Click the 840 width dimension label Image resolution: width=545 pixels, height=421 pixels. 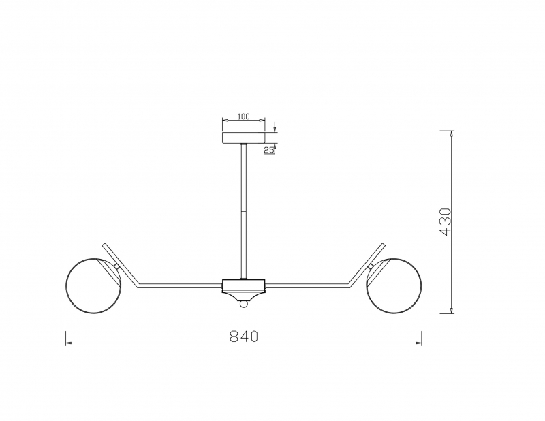tap(244, 336)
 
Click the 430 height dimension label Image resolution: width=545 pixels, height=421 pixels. tap(446, 222)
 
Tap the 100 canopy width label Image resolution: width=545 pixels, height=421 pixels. tap(243, 116)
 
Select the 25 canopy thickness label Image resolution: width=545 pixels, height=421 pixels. tap(268, 150)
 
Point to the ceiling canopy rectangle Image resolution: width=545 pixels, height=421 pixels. tap(244, 138)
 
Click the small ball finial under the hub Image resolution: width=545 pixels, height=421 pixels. tap(244, 305)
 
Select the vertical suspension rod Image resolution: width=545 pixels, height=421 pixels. tap(244, 211)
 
